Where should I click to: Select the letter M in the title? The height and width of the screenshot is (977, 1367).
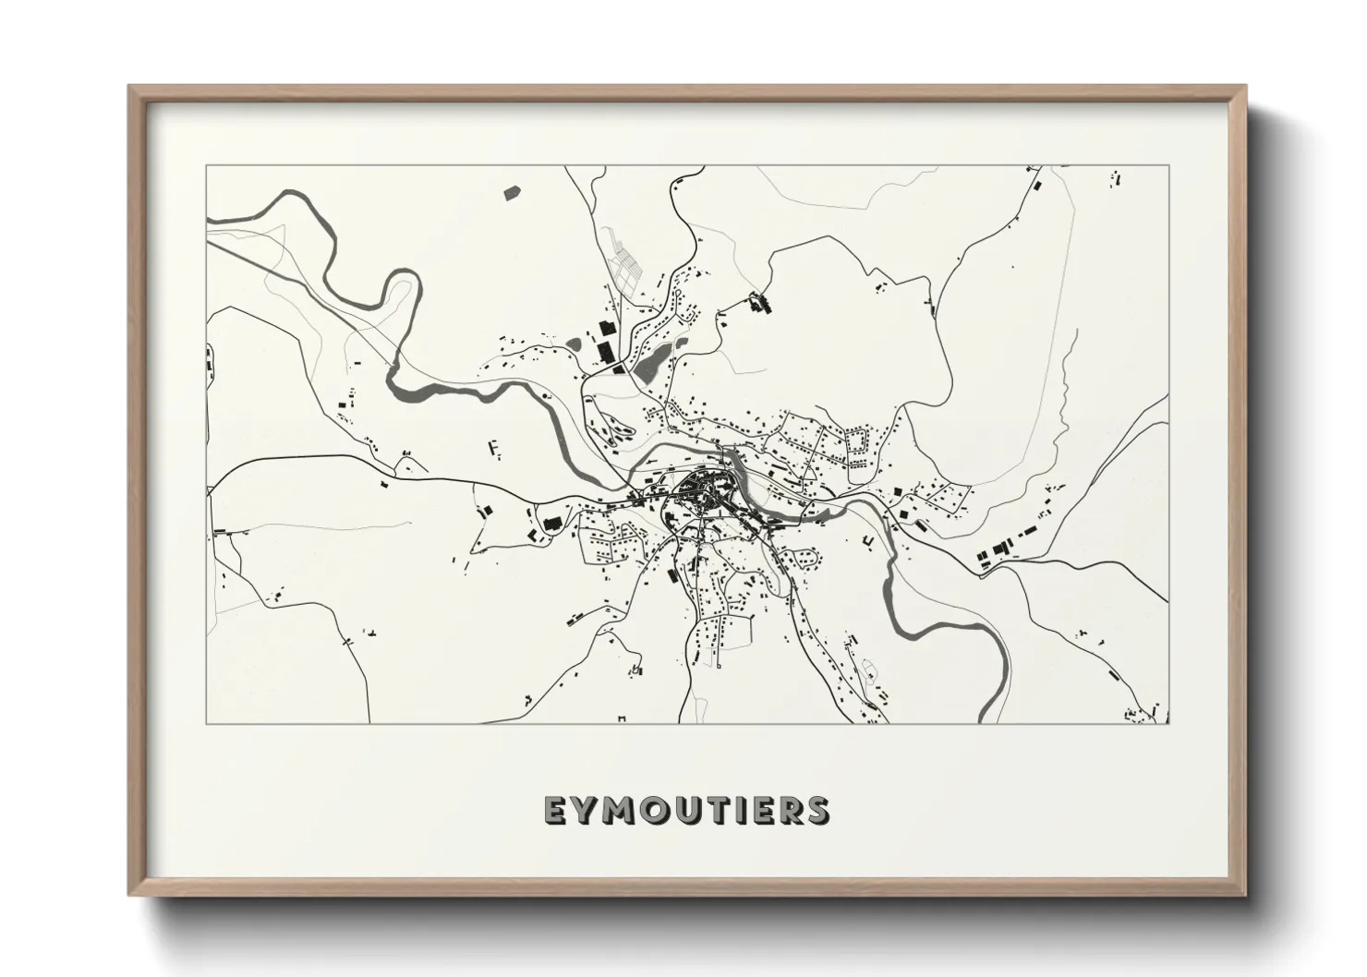click(622, 810)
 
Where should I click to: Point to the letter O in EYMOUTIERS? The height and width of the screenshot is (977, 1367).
click(659, 810)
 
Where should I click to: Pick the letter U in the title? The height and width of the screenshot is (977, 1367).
click(693, 810)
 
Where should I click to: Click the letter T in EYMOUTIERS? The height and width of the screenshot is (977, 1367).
click(723, 810)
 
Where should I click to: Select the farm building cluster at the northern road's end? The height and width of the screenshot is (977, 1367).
click(758, 303)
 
